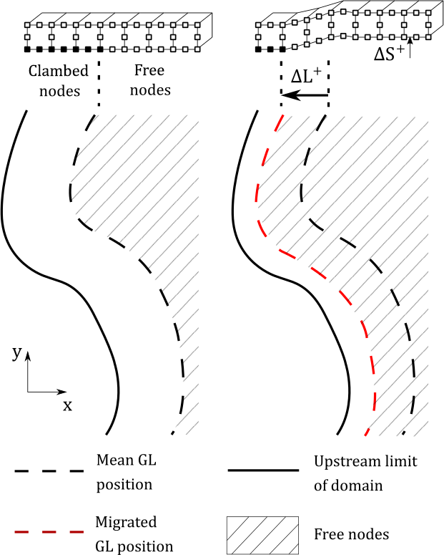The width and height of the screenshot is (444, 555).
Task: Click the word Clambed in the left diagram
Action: point(59,72)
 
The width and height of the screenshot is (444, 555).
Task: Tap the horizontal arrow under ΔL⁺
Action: point(305,95)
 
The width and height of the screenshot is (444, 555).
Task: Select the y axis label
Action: point(16,352)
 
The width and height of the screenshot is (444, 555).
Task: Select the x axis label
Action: point(67,405)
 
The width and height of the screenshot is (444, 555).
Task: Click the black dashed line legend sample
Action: point(48,471)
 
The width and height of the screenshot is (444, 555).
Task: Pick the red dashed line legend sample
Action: point(48,534)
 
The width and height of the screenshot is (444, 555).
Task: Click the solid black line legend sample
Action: point(262,471)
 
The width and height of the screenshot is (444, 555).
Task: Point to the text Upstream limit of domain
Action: point(365,473)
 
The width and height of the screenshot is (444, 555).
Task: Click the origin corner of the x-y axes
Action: point(28,392)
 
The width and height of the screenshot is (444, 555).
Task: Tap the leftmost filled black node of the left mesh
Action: point(29,49)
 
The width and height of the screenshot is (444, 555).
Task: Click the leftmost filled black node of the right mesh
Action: point(258,49)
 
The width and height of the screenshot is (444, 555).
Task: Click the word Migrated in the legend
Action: point(126,523)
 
